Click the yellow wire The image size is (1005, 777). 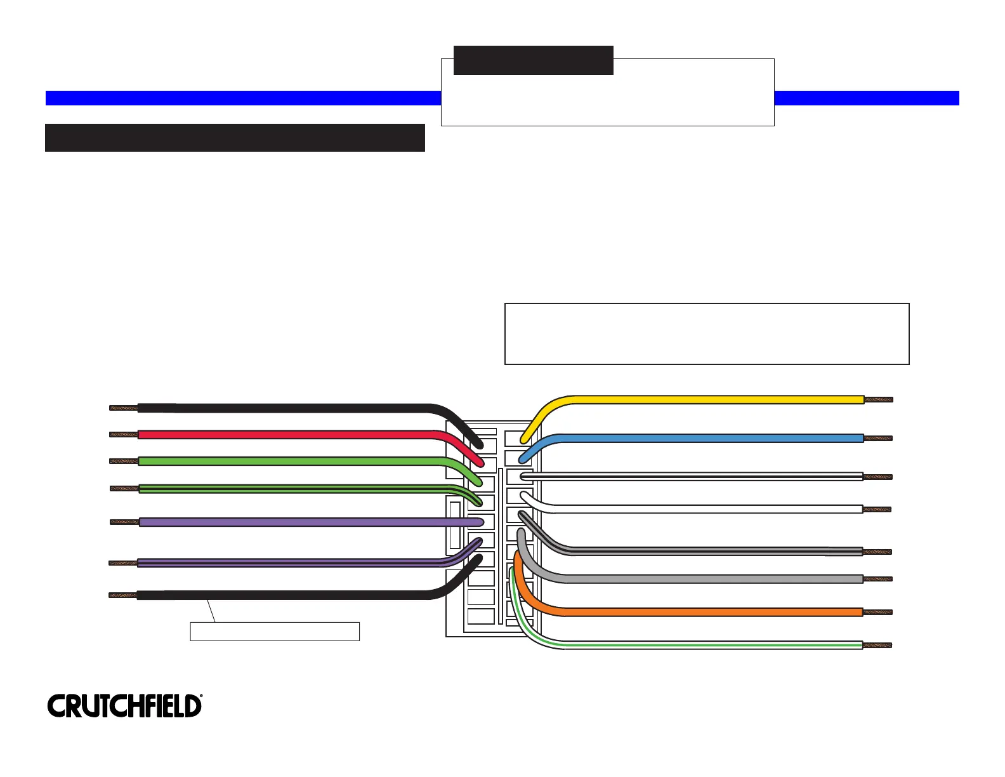coord(698,400)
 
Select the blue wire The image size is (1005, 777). coord(698,438)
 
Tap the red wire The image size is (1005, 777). coord(286,435)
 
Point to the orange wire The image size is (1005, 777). coord(698,613)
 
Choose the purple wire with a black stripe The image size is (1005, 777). coord(286,562)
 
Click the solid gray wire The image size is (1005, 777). coord(698,579)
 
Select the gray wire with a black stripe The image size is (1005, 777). coord(698,551)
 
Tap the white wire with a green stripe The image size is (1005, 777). coord(698,646)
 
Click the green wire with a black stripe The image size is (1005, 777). coord(286,488)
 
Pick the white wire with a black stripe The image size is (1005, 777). coord(698,476)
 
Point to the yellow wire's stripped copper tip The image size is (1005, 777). coord(879,400)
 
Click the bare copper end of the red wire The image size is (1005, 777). coord(124,435)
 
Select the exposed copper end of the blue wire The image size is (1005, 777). coord(878,438)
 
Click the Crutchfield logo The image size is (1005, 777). coord(124,706)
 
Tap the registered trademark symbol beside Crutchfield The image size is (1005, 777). coord(201,697)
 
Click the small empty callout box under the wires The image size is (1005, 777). coord(275,632)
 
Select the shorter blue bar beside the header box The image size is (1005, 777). coord(866,98)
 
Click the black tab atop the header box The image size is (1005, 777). coord(533,60)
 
